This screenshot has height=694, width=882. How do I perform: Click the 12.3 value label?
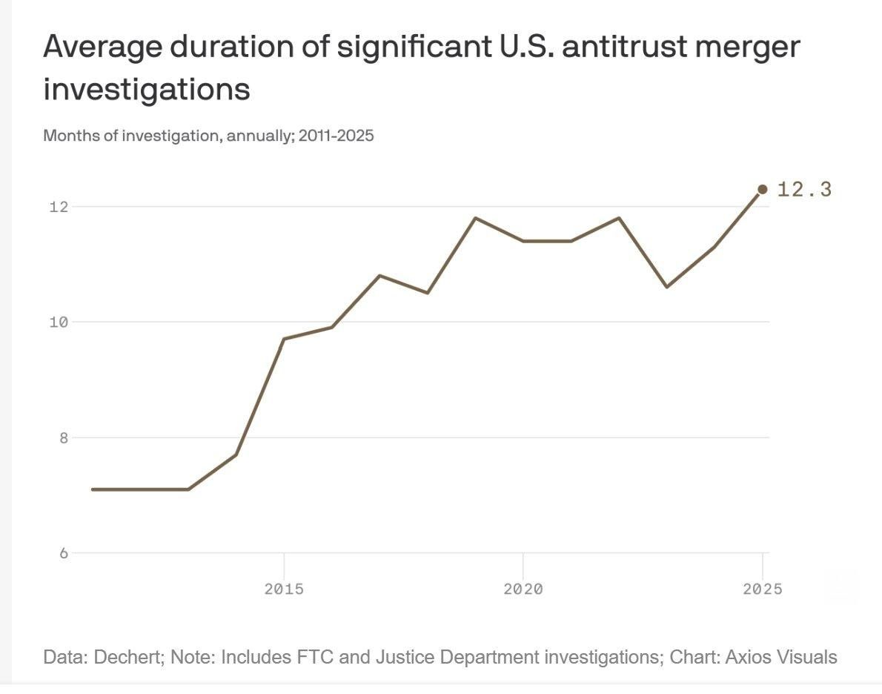[x=804, y=190]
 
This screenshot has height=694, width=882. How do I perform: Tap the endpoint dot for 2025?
[x=762, y=190]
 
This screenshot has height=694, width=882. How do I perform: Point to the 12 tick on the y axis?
[x=59, y=206]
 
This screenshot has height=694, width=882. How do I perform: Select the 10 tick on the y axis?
[x=59, y=322]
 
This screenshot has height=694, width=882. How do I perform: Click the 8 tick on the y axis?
[x=64, y=437]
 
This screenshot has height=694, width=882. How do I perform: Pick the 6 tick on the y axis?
[x=64, y=553]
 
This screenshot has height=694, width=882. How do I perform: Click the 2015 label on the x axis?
[x=284, y=589]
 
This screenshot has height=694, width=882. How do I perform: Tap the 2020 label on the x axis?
[x=523, y=589]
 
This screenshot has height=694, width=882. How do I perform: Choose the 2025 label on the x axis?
[x=762, y=589]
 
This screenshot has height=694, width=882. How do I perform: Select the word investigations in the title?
[x=147, y=90]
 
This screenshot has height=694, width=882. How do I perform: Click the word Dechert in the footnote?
[x=123, y=657]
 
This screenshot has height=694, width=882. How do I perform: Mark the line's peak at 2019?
[x=475, y=218]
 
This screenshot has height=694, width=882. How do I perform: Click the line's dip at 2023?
[x=666, y=287]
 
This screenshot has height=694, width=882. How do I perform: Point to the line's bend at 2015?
[x=284, y=339]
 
